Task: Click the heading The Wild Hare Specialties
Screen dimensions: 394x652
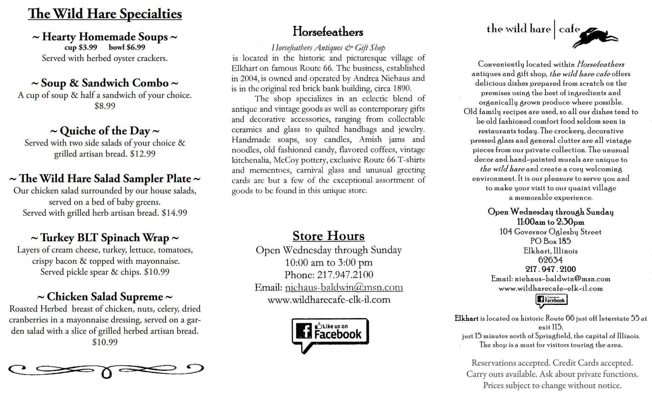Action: click(105, 14)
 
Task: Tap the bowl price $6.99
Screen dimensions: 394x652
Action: click(127, 47)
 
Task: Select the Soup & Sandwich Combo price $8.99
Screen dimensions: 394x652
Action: click(105, 106)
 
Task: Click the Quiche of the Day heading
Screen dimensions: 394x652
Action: click(105, 131)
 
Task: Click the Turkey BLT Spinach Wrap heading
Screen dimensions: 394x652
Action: click(105, 238)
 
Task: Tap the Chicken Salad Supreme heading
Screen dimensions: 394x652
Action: click(105, 296)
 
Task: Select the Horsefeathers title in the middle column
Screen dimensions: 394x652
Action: click(328, 31)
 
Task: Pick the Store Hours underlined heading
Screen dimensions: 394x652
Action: click(328, 236)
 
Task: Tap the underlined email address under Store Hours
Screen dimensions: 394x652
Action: click(344, 287)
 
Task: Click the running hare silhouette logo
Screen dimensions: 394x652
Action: click(595, 38)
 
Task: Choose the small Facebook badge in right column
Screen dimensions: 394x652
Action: click(551, 300)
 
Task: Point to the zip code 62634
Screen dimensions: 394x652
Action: click(550, 260)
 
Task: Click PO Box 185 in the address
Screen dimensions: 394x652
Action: click(550, 241)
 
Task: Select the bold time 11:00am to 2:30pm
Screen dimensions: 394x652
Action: click(550, 222)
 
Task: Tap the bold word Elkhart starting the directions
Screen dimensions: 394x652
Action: click(466, 318)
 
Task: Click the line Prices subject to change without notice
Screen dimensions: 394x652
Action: click(552, 385)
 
